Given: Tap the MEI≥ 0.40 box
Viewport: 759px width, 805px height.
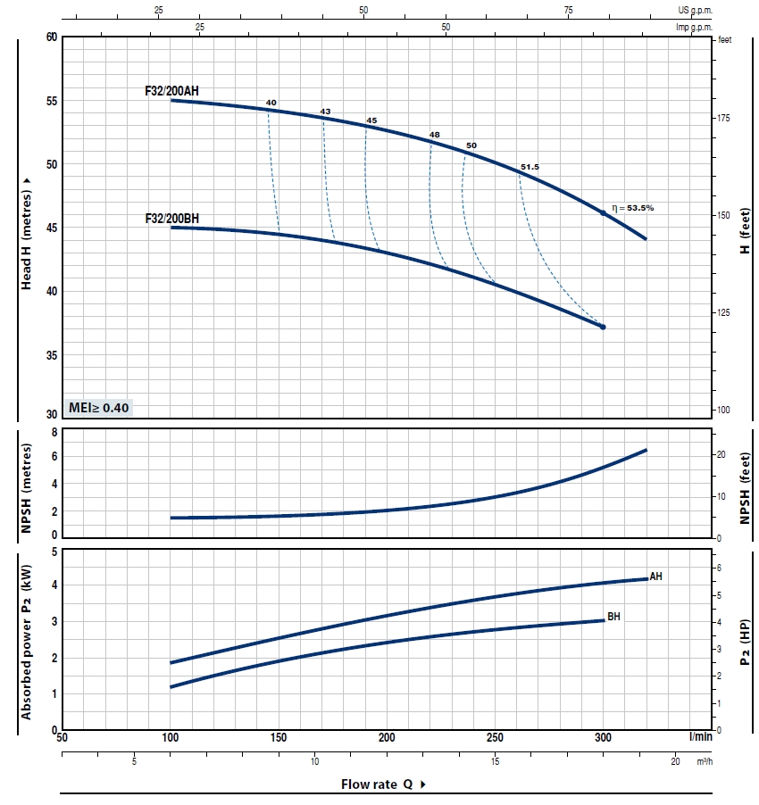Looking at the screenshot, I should (99, 408).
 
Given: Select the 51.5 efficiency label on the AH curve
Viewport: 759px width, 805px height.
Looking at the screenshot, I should (530, 167).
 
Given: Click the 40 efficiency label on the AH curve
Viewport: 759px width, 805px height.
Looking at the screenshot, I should (271, 103).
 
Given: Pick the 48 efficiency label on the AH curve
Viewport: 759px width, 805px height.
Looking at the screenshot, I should (435, 135).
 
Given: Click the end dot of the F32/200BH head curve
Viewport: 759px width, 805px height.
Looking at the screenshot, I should (603, 328).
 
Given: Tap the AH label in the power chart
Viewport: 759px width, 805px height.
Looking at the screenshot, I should (656, 577).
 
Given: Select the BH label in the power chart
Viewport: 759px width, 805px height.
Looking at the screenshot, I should (613, 617).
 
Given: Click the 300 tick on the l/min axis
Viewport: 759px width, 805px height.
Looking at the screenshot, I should (604, 738).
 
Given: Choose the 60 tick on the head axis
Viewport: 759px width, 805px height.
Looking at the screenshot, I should (51, 37).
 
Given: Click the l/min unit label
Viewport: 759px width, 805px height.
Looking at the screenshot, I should (701, 737).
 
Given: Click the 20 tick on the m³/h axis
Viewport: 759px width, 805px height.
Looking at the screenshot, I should (676, 760).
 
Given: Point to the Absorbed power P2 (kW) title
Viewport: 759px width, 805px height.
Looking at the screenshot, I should (28, 641).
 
